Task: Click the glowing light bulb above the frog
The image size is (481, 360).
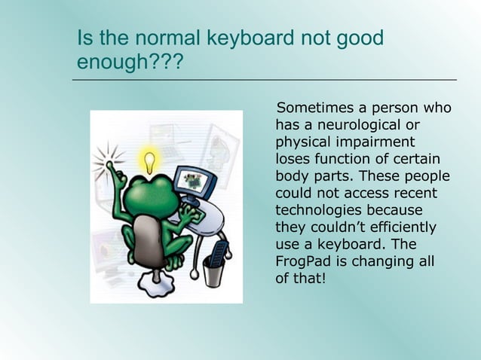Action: pyautogui.click(x=151, y=160)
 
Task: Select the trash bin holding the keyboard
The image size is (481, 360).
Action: pyautogui.click(x=215, y=270)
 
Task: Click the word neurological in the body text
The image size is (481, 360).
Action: pyautogui.click(x=350, y=125)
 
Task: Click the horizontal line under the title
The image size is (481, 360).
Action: pyautogui.click(x=265, y=79)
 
